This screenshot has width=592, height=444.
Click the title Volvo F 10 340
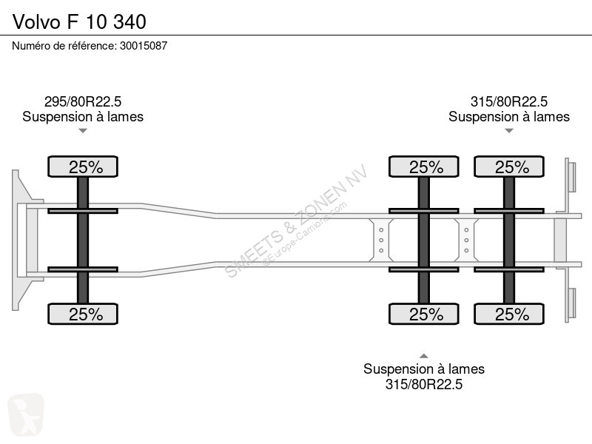click(x=79, y=21)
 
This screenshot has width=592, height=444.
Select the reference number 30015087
click(x=144, y=46)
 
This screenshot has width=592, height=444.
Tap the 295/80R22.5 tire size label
click(x=83, y=101)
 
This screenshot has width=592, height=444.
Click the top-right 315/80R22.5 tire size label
click(x=509, y=101)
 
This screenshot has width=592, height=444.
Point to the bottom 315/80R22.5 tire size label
click(x=424, y=384)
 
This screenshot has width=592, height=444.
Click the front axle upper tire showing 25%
click(x=83, y=166)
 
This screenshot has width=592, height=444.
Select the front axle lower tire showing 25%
click(x=83, y=314)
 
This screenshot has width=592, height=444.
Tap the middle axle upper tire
click(x=423, y=166)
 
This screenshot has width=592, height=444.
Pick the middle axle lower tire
click(x=423, y=314)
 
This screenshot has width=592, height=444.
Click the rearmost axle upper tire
click(x=509, y=166)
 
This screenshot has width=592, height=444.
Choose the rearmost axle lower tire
click(x=509, y=314)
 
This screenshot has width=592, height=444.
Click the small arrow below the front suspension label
click(x=83, y=131)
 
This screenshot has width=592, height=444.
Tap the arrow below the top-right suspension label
click(x=509, y=131)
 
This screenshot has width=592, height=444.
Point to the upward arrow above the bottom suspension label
click(x=424, y=356)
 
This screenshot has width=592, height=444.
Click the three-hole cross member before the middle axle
click(x=381, y=240)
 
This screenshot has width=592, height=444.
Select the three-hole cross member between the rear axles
click(x=466, y=240)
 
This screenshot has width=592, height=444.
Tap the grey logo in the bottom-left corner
click(x=26, y=414)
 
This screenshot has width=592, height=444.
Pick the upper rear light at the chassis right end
click(x=571, y=177)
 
